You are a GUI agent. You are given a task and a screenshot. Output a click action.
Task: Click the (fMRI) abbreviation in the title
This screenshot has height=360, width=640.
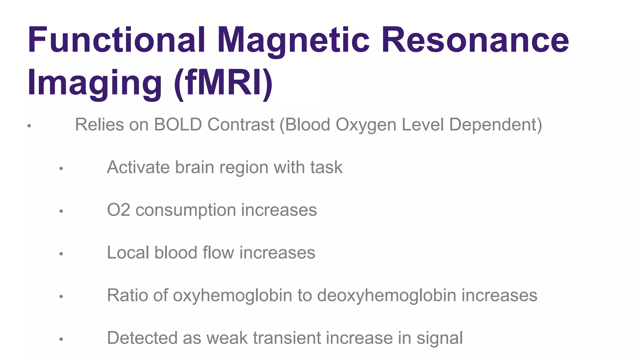click(223, 83)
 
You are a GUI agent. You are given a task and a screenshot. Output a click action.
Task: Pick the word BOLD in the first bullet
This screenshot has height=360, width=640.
click(178, 125)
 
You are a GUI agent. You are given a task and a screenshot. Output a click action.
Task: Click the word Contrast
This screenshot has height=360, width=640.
click(241, 125)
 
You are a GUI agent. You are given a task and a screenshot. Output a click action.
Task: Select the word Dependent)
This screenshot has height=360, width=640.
click(496, 125)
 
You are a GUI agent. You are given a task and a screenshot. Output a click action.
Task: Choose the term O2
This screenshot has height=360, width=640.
click(118, 210)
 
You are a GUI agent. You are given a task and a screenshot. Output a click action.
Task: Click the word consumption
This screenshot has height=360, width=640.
click(186, 210)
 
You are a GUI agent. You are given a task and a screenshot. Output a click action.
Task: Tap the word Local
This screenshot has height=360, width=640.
click(128, 252)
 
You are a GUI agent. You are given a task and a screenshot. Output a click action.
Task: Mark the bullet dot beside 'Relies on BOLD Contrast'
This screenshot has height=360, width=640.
click(29, 126)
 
